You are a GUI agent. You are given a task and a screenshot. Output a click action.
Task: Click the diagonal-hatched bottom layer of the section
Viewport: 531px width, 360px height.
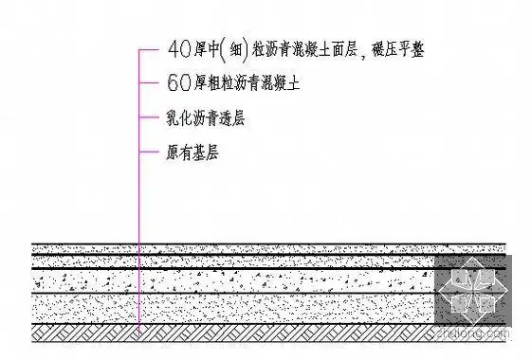tap(237, 333)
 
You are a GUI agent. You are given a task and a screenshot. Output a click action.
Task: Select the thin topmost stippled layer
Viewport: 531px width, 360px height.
tap(237, 249)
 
